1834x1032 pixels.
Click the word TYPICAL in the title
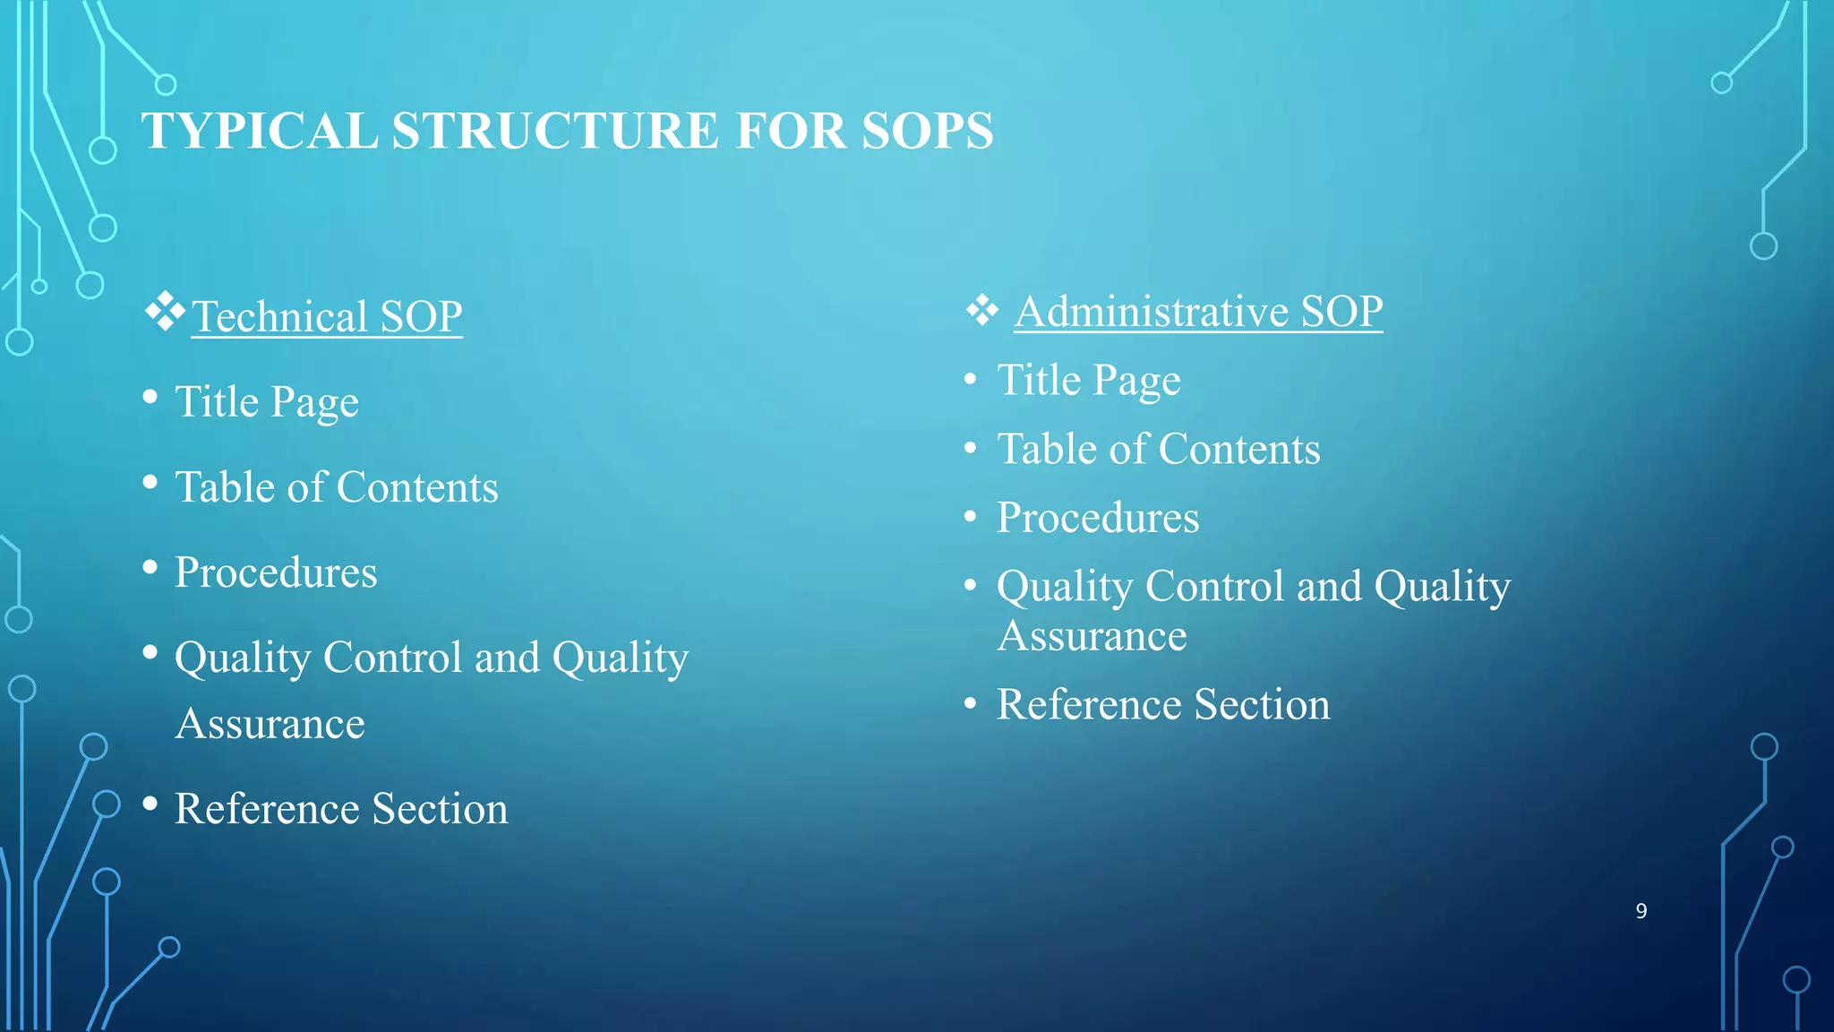click(260, 131)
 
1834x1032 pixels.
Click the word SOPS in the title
click(927, 131)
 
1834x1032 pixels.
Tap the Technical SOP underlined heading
click(327, 316)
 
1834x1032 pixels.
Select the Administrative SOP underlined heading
click(1198, 312)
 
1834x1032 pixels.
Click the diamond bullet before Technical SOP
click(164, 312)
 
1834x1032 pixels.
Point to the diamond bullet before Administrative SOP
click(982, 311)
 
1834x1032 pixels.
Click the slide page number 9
click(1641, 911)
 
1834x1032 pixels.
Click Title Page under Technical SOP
click(267, 401)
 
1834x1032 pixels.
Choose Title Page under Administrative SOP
click(1089, 380)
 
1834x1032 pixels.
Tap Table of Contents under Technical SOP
click(336, 487)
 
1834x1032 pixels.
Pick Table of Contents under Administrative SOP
click(1159, 449)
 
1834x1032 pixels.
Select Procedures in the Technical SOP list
click(276, 572)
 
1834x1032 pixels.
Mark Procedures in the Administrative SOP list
click(1098, 518)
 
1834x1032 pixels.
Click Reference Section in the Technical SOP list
click(341, 809)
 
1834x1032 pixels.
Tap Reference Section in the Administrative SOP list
click(1163, 704)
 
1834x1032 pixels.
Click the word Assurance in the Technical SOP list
click(270, 724)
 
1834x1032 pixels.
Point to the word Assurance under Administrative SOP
click(1092, 636)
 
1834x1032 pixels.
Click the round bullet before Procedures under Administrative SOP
click(970, 518)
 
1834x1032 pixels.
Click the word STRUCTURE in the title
click(555, 131)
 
